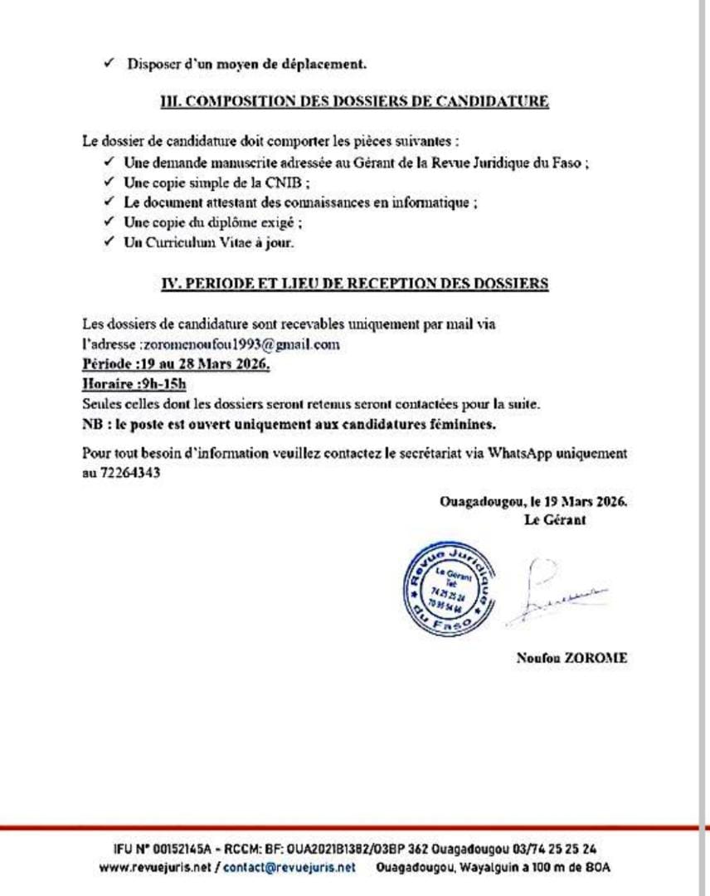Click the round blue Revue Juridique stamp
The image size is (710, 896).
pos(446,591)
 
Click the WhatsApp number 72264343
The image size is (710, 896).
pos(134,474)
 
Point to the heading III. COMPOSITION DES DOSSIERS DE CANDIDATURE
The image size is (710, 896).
pos(354,102)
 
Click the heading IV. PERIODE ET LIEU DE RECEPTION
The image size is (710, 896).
pos(354,283)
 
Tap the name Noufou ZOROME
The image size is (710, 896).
pos(571,658)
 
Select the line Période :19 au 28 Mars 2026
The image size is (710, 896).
pos(176,363)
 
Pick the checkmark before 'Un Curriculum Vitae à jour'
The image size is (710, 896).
pos(109,243)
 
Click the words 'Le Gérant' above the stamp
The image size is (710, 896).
pos(555,520)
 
